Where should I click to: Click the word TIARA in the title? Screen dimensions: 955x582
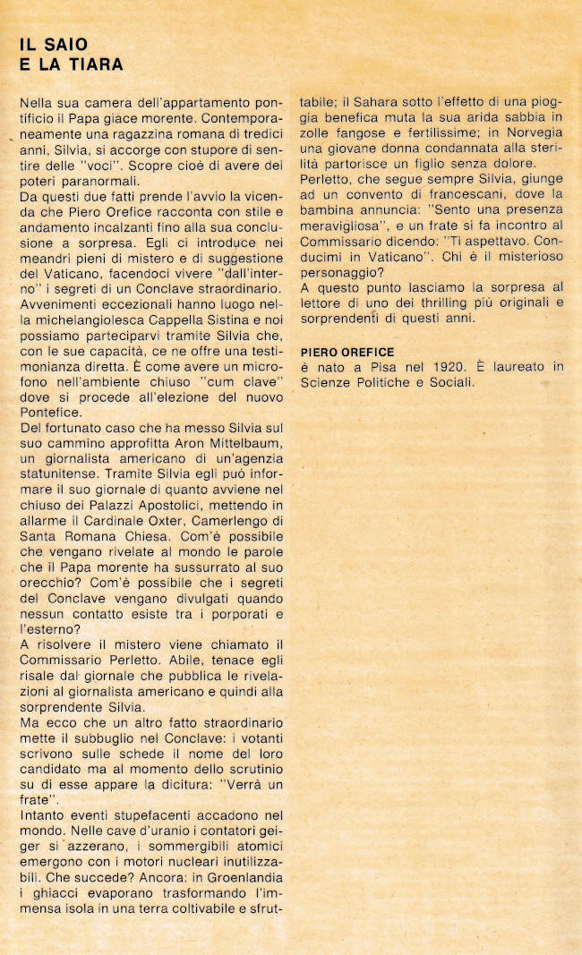[x=96, y=64]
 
